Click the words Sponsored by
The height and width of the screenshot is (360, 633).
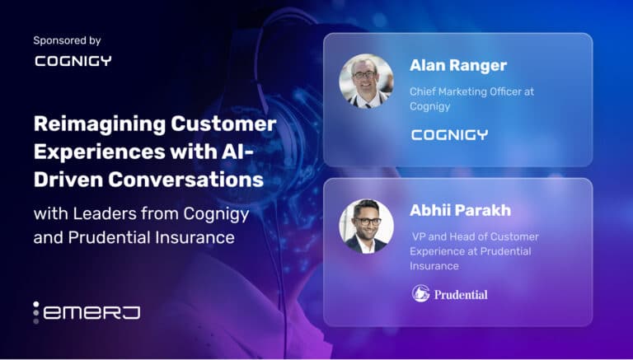67,40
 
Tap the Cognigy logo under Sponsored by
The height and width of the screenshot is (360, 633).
73,61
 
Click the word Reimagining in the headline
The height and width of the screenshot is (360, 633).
100,124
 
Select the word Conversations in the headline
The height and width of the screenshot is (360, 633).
185,180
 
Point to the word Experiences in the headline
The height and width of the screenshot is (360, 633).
100,152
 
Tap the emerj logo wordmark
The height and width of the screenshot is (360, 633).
92,313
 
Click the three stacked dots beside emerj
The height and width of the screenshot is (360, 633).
36,312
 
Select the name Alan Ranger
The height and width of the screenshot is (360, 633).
458,65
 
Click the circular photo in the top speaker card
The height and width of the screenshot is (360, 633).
366,81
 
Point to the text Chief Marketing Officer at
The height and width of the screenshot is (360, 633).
471,91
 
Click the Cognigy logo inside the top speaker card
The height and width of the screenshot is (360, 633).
449,135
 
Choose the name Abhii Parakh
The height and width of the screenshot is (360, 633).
460,210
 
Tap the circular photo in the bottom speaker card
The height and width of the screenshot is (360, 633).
366,226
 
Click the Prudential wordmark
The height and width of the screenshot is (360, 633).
461,295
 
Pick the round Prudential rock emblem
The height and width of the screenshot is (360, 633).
420,293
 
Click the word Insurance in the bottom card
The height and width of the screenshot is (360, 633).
434,266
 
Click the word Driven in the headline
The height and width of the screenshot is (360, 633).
68,180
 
